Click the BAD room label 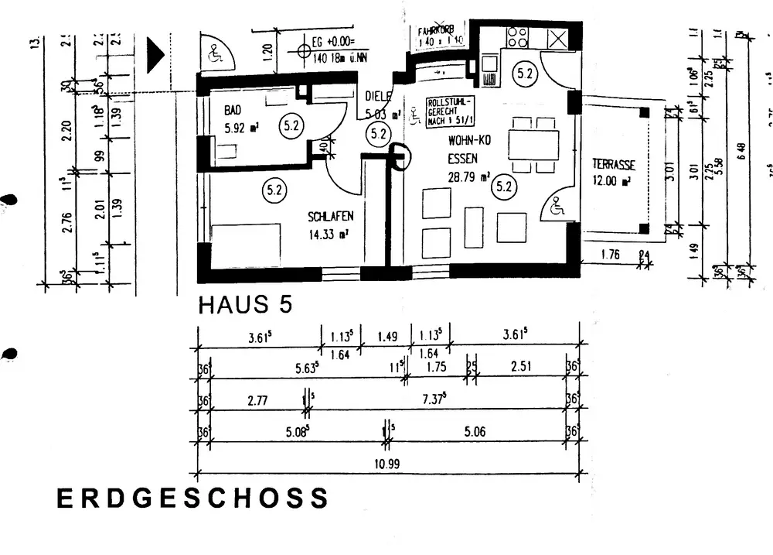pos(231,110)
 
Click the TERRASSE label pos(614,164)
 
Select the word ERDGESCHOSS pos(192,498)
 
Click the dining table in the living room pos(533,144)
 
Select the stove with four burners pos(516,36)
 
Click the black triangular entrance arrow pos(156,55)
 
